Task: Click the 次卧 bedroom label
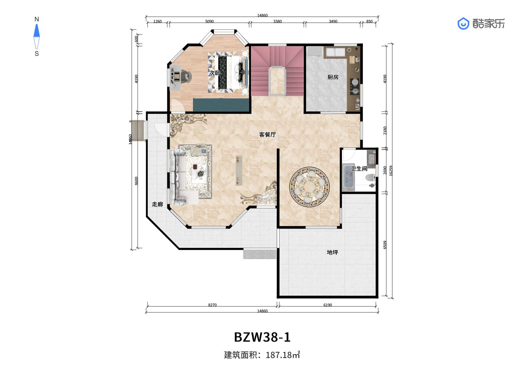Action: [x=214, y=73]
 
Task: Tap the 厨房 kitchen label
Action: [x=333, y=77]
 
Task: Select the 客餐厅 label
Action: [x=267, y=135]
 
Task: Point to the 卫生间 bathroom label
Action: [x=359, y=169]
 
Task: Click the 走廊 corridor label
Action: [x=157, y=204]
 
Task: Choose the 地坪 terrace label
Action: [x=333, y=252]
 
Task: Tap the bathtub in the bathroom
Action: [x=348, y=177]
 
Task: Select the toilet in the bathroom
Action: [x=370, y=178]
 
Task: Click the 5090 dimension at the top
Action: [x=209, y=21]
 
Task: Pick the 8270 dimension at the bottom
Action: [x=212, y=305]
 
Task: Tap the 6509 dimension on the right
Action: [x=385, y=245]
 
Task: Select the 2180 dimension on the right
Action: [x=385, y=130]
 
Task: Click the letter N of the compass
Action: [x=37, y=19]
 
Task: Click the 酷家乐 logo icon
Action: [x=463, y=23]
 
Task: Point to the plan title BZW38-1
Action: [x=262, y=337]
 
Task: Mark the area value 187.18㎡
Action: [x=283, y=355]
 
